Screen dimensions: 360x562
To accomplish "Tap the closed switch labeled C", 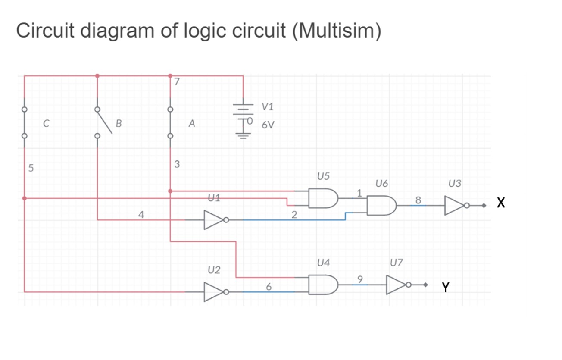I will tap(25, 122).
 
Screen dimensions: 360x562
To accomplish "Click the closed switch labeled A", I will tap(170, 122).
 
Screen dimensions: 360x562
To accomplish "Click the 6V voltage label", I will tap(268, 125).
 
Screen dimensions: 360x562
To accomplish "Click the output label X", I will tap(500, 203).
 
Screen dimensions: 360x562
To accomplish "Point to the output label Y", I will tap(445, 287).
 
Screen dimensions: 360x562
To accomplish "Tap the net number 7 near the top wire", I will tap(176, 81).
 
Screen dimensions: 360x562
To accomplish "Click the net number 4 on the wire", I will tap(140, 214).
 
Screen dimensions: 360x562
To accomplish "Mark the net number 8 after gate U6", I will tap(417, 200).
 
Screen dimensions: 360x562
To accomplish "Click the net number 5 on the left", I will tap(30, 168).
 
